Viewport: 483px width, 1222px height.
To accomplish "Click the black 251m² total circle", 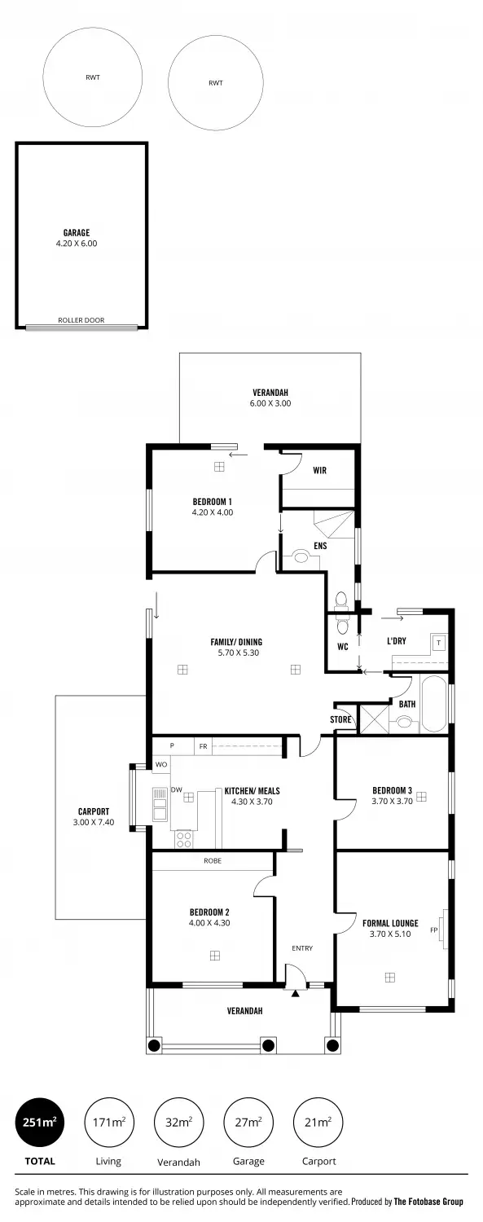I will click(40, 1122).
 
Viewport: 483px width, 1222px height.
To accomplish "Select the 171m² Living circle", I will click(108, 1122).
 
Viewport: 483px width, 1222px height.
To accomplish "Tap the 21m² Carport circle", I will click(318, 1122).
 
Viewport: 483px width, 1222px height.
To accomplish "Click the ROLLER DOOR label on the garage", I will click(81, 320).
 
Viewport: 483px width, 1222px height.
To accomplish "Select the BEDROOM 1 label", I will click(213, 501).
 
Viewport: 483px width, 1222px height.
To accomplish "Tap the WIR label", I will click(320, 470).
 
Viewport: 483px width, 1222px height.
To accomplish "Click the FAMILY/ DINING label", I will click(236, 642).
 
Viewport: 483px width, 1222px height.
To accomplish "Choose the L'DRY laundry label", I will click(397, 641).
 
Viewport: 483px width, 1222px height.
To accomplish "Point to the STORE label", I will click(340, 719).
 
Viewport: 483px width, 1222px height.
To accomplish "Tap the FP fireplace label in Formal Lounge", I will click(434, 930).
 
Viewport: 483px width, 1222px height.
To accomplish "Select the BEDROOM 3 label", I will click(392, 789).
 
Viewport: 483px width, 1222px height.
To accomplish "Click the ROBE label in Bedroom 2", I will click(213, 860).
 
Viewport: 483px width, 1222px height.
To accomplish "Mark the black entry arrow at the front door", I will click(296, 993).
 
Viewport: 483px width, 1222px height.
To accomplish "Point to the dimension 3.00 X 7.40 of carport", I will click(93, 823).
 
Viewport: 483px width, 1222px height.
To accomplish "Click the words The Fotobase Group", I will click(428, 1202).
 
